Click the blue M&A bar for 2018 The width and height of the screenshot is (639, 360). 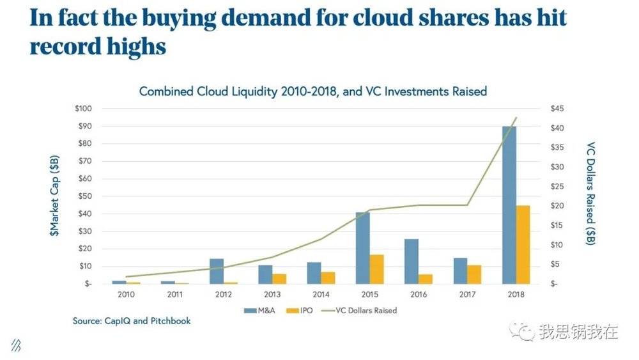[x=509, y=205]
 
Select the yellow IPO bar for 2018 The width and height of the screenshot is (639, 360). [x=523, y=244]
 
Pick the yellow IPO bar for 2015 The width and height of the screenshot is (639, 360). [x=376, y=269]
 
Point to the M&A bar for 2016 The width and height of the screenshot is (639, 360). [x=412, y=261]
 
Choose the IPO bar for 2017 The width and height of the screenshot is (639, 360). [x=474, y=274]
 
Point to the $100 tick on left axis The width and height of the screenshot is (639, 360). [x=82, y=109]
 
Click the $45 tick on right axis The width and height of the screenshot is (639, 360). [x=557, y=109]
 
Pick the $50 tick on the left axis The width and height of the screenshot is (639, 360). [x=84, y=196]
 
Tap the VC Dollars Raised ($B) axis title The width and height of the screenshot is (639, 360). [x=591, y=194]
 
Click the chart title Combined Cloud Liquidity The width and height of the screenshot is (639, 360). [x=313, y=91]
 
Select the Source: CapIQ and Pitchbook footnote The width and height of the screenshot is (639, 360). [x=132, y=321]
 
